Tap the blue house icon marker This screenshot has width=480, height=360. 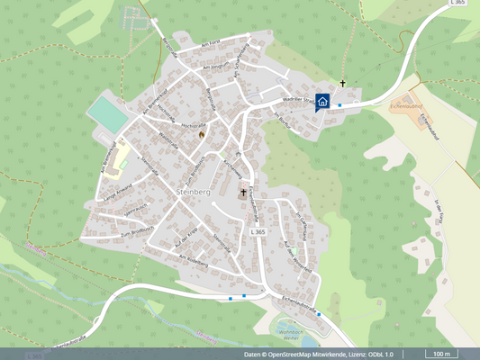coord(322,102)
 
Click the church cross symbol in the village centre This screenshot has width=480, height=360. coord(242,193)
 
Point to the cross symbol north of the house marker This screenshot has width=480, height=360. coord(342,85)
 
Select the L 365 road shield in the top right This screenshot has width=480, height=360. coord(458,4)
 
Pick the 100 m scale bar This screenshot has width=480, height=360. coord(440,354)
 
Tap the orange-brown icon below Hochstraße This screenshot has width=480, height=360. coord(202,135)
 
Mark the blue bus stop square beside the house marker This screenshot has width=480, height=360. coord(340,105)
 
